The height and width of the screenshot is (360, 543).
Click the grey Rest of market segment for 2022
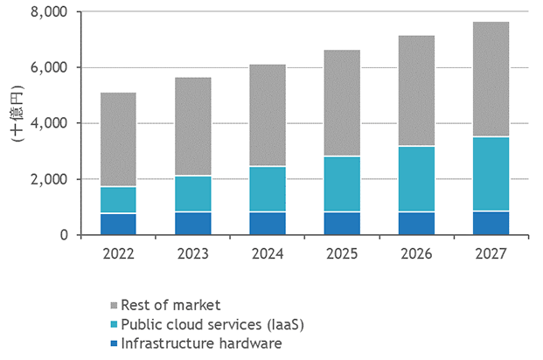click(x=118, y=140)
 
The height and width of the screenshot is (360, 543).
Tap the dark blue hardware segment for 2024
click(x=268, y=223)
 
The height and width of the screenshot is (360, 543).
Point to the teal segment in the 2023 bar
click(x=192, y=194)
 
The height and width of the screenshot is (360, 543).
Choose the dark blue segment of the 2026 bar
click(x=417, y=223)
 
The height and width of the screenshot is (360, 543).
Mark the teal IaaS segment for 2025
click(x=342, y=184)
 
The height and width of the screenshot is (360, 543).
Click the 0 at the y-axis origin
click(x=63, y=235)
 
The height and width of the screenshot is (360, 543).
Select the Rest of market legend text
click(x=171, y=305)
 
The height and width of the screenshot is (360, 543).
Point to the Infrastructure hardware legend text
click(x=201, y=343)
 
